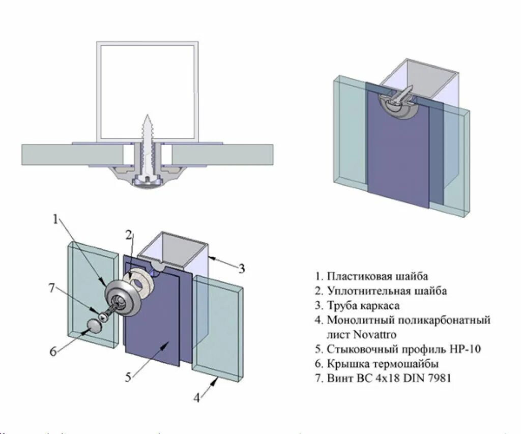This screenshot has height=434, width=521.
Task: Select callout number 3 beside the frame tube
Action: [242, 268]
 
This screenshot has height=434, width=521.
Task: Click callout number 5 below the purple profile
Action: [129, 378]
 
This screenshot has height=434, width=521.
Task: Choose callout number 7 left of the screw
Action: [52, 288]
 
